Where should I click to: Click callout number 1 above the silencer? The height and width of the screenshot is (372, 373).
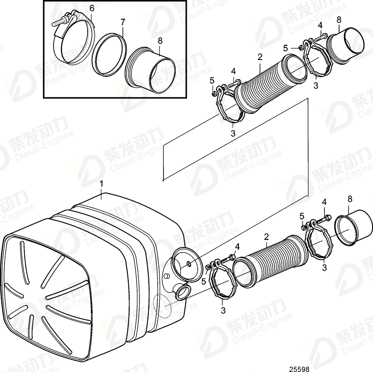coord(101,184)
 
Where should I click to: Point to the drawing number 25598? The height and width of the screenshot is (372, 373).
coord(299,369)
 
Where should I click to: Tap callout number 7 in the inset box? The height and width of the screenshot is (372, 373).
coord(122,21)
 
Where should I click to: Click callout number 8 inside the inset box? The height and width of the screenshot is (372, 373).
coord(160,41)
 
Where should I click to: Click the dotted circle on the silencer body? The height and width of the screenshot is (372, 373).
coord(163,307)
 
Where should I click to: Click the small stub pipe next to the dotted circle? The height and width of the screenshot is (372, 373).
coord(181,290)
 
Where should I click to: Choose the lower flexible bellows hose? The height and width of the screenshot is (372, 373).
coord(272,258)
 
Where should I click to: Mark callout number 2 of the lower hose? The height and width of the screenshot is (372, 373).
coord(266,237)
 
